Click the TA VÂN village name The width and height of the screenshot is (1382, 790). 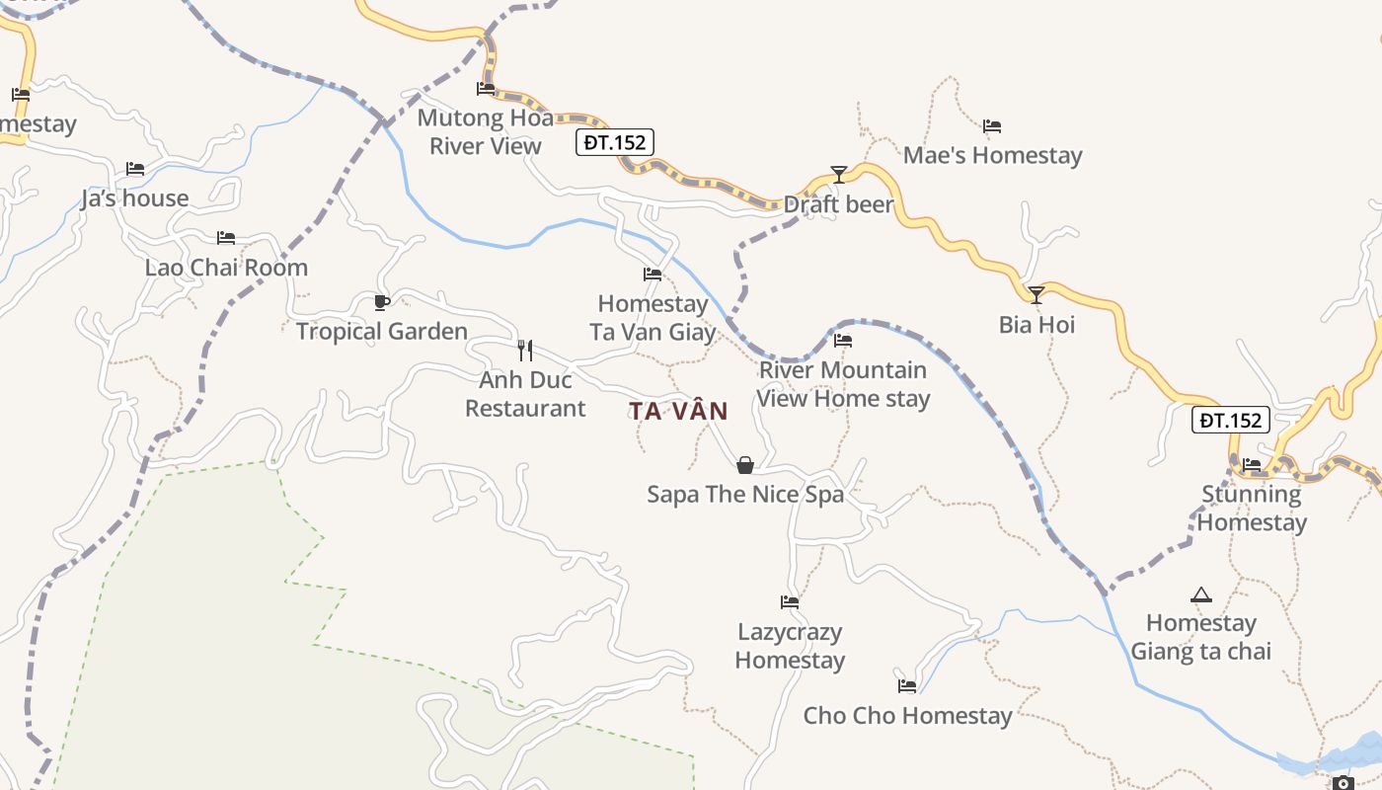tap(678, 411)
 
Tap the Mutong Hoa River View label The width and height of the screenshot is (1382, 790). tap(486, 132)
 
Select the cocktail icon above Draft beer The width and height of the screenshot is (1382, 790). tap(838, 175)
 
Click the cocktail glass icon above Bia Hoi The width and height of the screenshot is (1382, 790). tap(1036, 294)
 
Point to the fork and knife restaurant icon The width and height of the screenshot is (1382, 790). tap(525, 350)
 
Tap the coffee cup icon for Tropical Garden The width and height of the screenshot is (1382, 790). tap(382, 302)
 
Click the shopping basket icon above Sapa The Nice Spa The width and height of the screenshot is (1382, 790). tap(745, 465)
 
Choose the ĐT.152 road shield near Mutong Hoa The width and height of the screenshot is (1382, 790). tap(614, 142)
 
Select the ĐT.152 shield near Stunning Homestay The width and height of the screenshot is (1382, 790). tap(1230, 420)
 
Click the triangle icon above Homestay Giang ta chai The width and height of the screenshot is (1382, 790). tap(1200, 594)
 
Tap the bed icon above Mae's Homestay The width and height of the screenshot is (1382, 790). tap(992, 126)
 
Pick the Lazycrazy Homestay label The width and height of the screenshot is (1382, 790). tap(790, 646)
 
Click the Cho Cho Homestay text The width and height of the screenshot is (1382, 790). tap(907, 716)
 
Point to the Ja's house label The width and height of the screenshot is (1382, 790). tap(135, 198)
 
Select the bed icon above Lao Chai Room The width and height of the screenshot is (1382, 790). tap(226, 238)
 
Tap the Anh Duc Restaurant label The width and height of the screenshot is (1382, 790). tap(525, 394)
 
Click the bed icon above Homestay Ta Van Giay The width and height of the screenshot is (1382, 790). tap(652, 275)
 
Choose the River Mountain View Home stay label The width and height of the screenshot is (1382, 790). tap(843, 384)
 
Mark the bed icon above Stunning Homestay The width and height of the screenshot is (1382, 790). tap(1252, 464)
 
